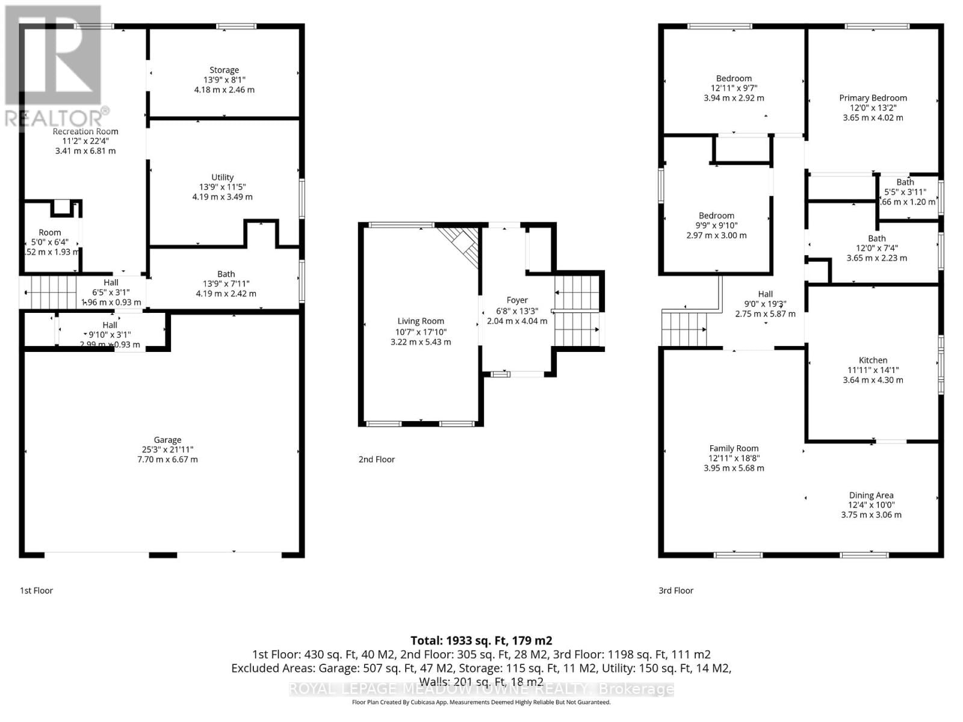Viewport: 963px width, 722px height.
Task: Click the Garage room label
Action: click(x=167, y=440)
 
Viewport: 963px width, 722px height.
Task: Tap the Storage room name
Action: click(x=224, y=70)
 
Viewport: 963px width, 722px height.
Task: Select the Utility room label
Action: click(x=222, y=177)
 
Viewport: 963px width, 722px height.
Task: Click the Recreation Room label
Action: click(x=85, y=131)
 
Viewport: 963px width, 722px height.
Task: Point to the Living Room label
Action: click(x=421, y=321)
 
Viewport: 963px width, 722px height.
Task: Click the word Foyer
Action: click(x=517, y=300)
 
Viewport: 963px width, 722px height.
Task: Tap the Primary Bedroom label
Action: click(x=873, y=97)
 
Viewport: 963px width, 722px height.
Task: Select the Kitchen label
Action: click(x=873, y=360)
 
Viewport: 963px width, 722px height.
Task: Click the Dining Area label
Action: click(x=871, y=495)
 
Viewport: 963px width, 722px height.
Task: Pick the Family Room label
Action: click(x=734, y=448)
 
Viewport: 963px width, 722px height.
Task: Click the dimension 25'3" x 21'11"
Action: click(x=167, y=449)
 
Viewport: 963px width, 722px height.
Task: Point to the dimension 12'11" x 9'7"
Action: click(x=734, y=88)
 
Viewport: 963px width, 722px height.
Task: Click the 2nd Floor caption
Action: click(x=377, y=459)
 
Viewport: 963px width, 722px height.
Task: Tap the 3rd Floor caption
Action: click(x=676, y=590)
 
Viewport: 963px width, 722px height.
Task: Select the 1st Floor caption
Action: click(x=37, y=590)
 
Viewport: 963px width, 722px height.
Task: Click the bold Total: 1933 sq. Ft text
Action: click(x=481, y=641)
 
